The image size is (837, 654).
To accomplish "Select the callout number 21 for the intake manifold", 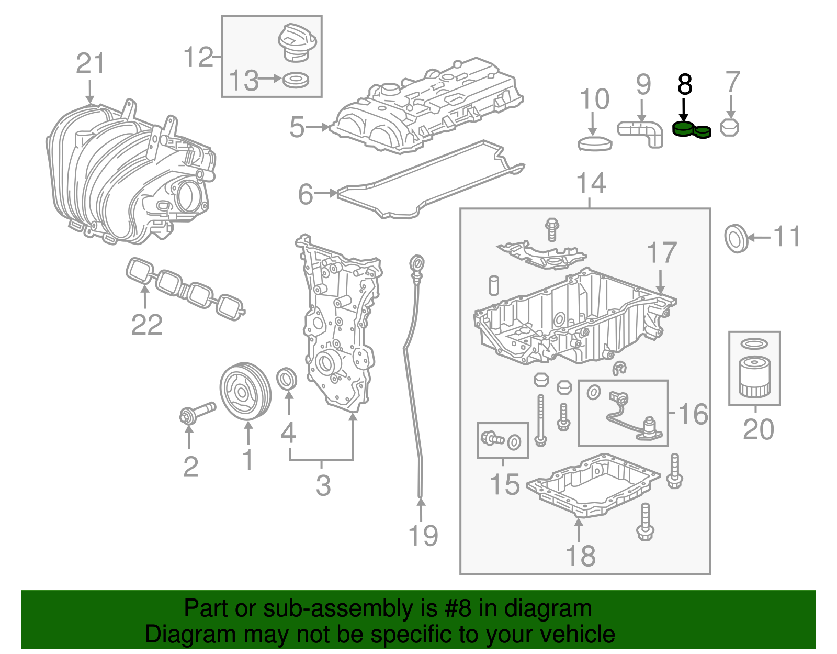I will coord(91,64).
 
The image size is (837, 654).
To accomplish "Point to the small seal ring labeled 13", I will coord(296,81).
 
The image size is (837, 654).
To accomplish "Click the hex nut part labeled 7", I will coord(730,127).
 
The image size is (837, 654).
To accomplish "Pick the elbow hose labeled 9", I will coord(641,132).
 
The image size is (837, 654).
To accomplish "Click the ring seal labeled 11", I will coord(737,238).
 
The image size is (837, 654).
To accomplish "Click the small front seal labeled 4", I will coord(286,379).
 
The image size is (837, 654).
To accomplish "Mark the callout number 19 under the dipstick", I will coord(423,535).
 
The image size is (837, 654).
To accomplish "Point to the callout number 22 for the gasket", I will coord(146,325).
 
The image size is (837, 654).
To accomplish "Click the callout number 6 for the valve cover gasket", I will coord(306,194).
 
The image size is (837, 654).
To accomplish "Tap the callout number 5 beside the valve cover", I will coord(297,127).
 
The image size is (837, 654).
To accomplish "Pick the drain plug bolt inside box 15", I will coord(492,439).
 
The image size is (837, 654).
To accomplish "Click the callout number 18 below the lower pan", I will coord(580,556).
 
